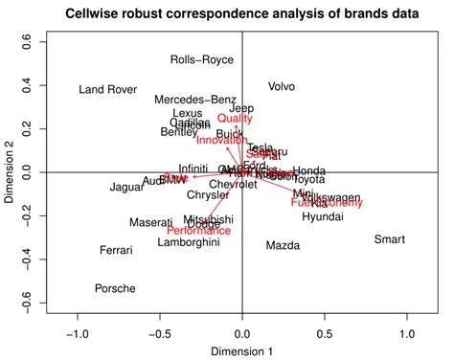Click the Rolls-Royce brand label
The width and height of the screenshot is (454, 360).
[x=201, y=59]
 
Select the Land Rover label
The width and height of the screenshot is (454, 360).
[x=107, y=90]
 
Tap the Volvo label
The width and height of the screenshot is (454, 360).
[x=282, y=86]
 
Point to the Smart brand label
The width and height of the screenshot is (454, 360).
[x=390, y=239]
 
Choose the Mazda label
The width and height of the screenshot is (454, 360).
[x=283, y=246]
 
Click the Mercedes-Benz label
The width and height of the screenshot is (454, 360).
[x=195, y=100]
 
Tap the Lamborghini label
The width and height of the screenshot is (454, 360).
[x=189, y=242]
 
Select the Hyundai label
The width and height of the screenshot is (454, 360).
[x=322, y=217]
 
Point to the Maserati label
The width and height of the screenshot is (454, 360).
[x=151, y=223]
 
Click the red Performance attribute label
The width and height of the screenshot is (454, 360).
[x=198, y=231]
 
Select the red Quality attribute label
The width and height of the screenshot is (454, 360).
[x=235, y=119]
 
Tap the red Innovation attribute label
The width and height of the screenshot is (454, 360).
[x=221, y=140]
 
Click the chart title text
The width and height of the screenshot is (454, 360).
[x=227, y=14]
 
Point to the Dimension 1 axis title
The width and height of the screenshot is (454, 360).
[x=241, y=351]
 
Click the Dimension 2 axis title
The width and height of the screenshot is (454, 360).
[x=11, y=172]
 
